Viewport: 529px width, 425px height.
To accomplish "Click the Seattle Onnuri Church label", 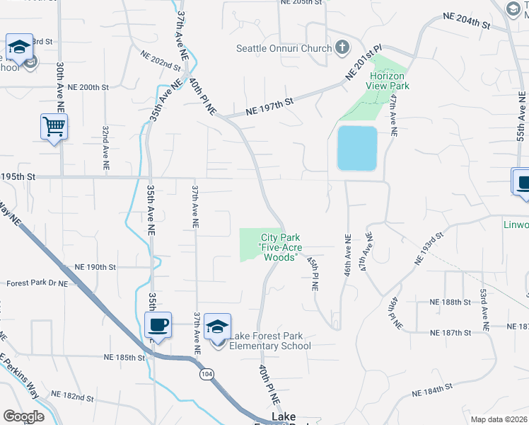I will point(284,48).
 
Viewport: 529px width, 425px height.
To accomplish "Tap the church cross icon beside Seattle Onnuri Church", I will point(342,48).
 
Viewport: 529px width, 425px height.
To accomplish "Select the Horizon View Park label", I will point(387,81).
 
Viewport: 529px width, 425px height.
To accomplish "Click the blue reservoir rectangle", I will point(357,148).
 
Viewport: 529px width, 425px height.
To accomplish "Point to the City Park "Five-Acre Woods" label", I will point(281,247).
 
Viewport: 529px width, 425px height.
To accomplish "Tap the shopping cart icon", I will point(54,127).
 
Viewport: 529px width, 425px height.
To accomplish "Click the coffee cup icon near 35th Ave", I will point(158,325).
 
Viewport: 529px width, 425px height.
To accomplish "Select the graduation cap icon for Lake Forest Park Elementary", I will point(217,327).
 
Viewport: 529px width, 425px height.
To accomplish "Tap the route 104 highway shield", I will point(207,373).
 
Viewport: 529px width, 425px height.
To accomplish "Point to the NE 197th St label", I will point(269,107).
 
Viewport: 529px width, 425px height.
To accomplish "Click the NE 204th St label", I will point(466,20).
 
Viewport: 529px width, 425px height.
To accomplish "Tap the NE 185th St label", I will point(124,358).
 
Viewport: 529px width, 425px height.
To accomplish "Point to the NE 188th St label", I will point(450,302).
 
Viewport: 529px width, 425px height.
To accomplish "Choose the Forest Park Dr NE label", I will point(37,283).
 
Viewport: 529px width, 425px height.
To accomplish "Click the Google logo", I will point(24,416).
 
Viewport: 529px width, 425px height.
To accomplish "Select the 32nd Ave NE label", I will point(105,148).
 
